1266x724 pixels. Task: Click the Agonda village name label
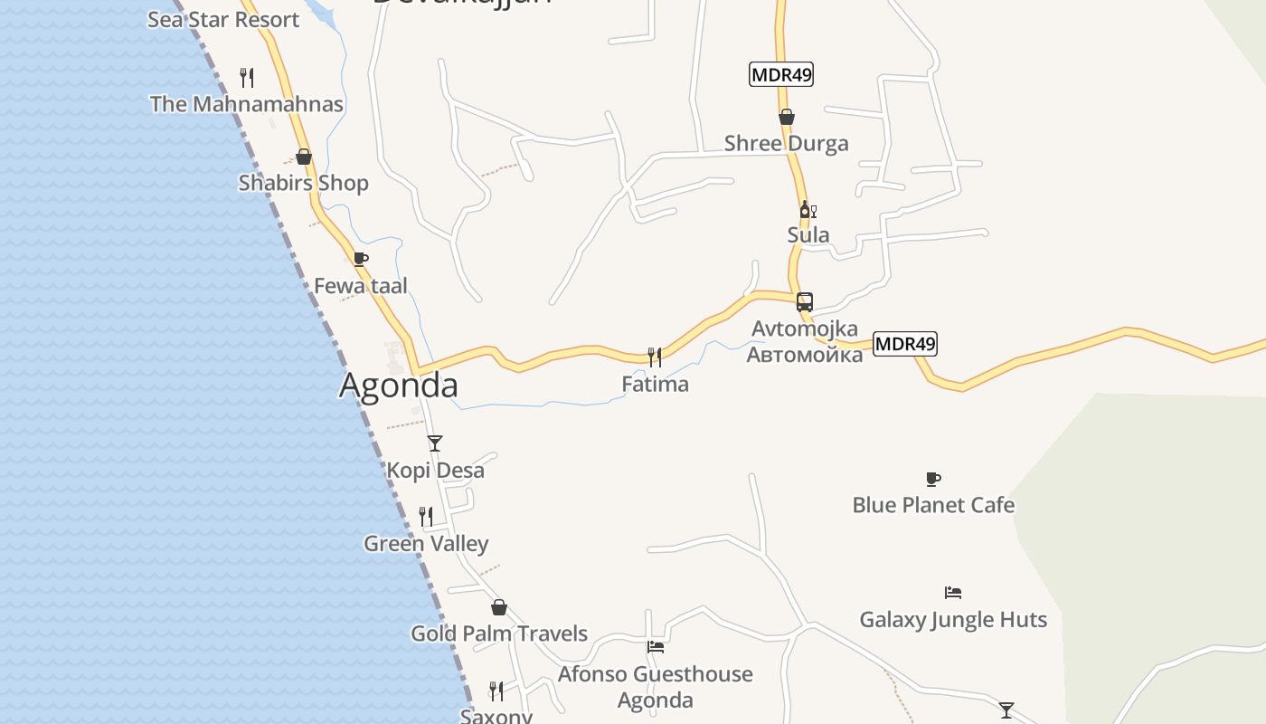[x=398, y=386]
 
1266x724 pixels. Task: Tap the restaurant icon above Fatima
[x=655, y=357]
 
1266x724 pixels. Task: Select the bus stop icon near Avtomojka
[x=804, y=302]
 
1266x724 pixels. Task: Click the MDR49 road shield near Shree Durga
[x=781, y=75]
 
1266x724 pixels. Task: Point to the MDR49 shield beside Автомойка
[x=905, y=344]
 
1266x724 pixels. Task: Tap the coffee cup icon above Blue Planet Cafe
[x=933, y=479]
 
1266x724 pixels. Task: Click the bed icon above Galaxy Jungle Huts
[x=953, y=593]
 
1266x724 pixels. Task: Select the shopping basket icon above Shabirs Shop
[x=304, y=157]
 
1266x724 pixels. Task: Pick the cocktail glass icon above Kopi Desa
[x=435, y=443]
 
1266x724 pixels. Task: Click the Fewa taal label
[x=361, y=286]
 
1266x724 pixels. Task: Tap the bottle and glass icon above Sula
[x=808, y=210]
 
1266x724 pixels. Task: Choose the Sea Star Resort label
[x=223, y=19]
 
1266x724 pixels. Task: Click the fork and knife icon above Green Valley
[x=426, y=517]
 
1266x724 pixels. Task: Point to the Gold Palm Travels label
[x=499, y=633]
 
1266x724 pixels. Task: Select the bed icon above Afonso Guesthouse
[x=656, y=647]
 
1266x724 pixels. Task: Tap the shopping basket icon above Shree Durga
[x=787, y=117]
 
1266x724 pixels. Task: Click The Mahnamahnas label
[x=247, y=104]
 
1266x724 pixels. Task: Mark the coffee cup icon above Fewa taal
[x=361, y=260]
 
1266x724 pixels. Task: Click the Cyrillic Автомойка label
[x=805, y=354]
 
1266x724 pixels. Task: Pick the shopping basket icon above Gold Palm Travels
[x=499, y=607]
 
